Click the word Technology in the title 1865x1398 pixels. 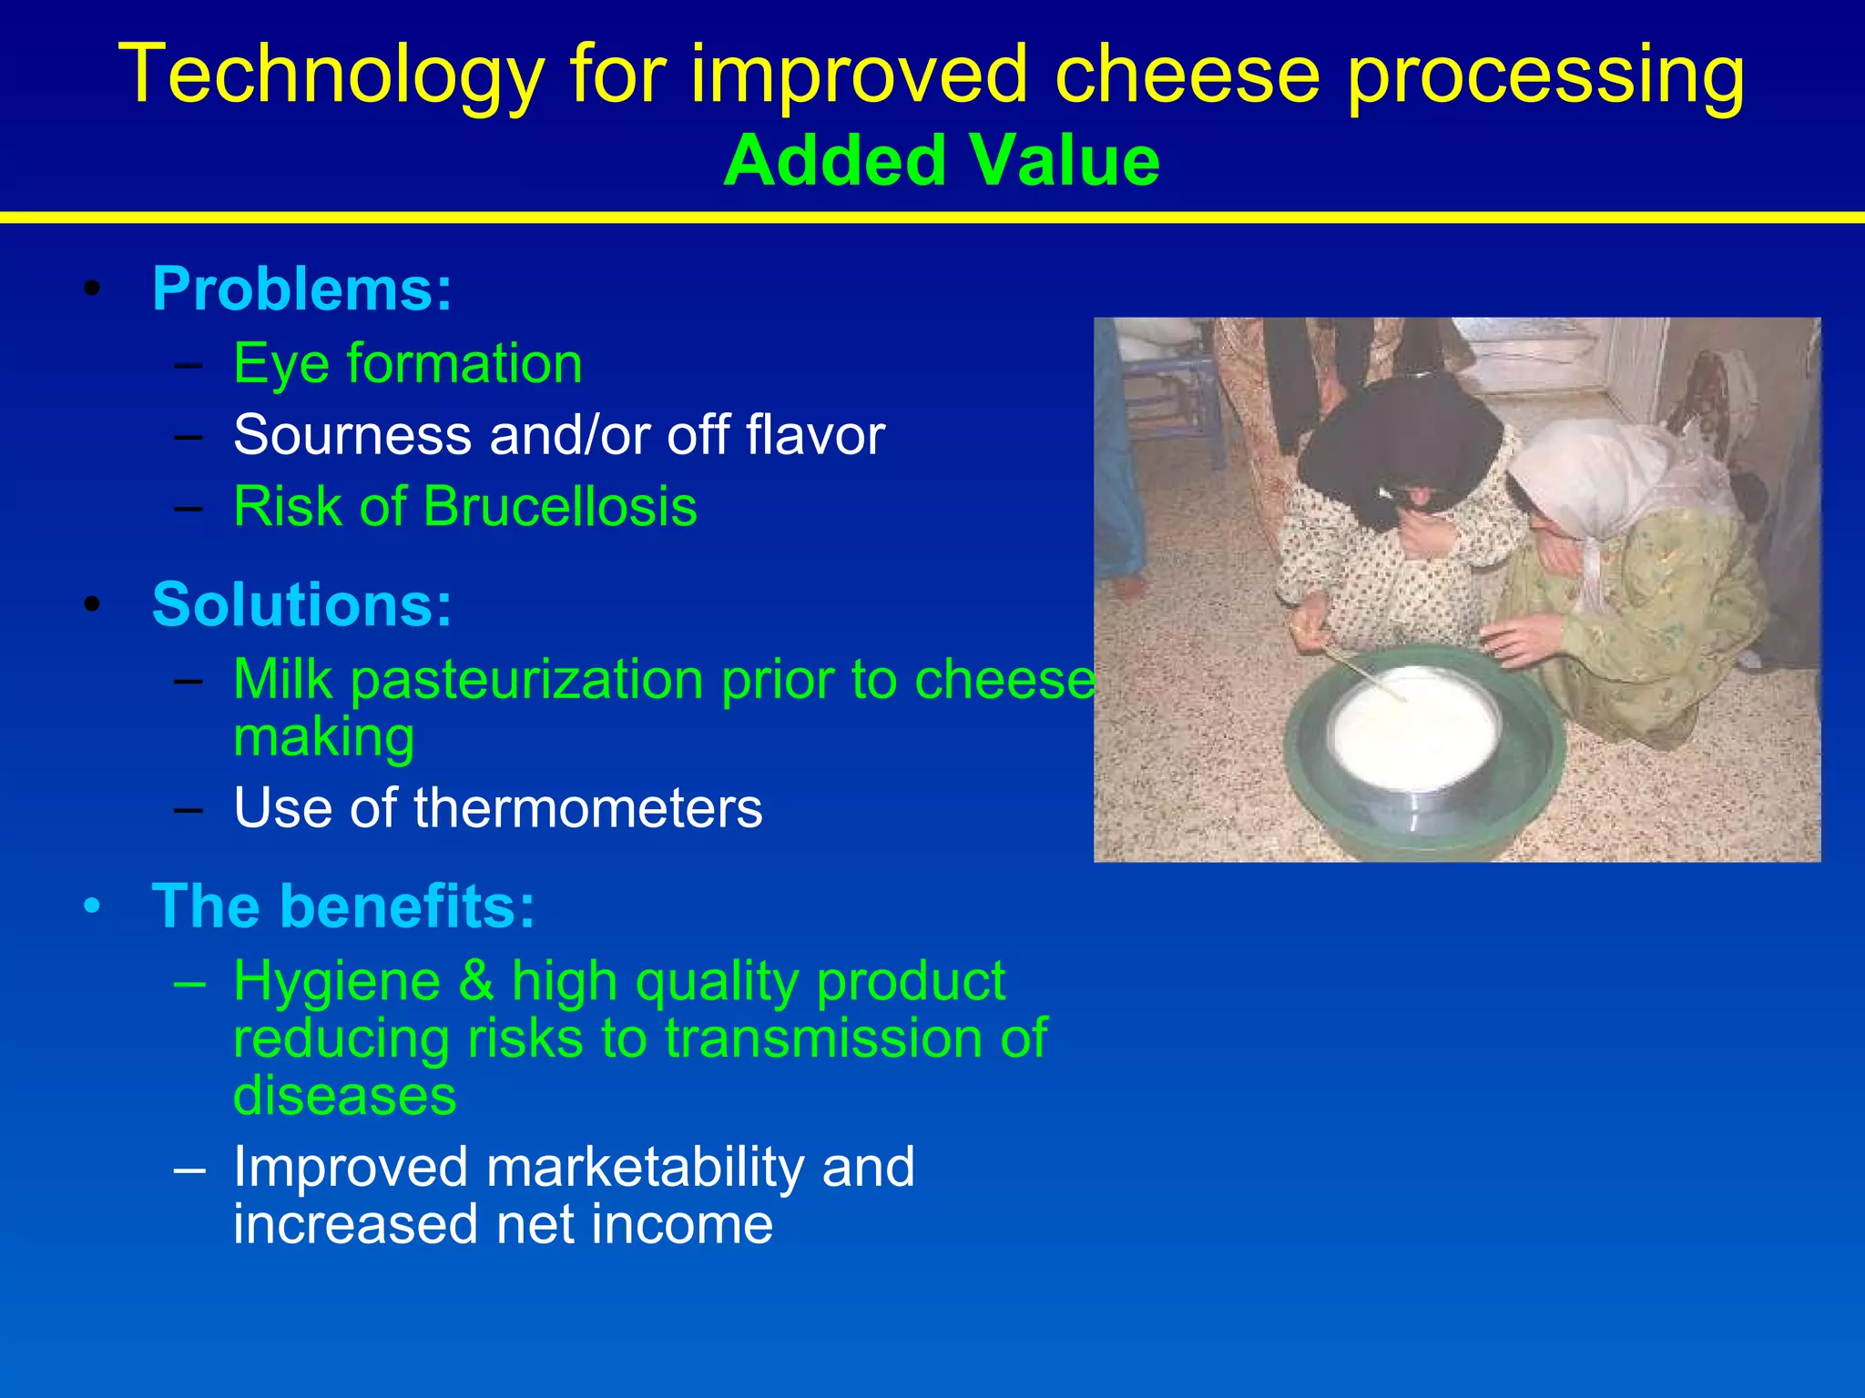click(331, 76)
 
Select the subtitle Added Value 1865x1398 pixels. click(942, 161)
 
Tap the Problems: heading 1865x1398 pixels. click(301, 289)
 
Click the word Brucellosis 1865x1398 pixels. click(560, 506)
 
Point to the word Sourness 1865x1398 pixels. click(352, 435)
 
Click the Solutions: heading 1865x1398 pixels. click(301, 604)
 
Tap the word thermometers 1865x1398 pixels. click(587, 807)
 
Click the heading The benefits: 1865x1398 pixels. click(343, 907)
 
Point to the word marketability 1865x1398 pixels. click(645, 1167)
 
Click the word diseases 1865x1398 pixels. click(344, 1096)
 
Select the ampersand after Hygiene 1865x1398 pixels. click(475, 981)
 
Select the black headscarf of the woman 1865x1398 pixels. click(1393, 437)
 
